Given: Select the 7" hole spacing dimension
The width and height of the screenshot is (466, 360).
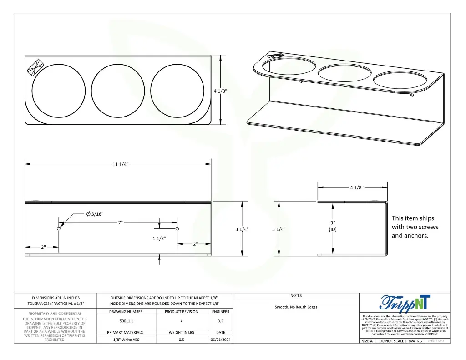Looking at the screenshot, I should (120, 223).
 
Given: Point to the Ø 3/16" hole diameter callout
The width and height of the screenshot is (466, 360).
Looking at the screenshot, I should (95, 214).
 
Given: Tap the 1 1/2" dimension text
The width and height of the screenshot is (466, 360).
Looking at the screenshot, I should (159, 238).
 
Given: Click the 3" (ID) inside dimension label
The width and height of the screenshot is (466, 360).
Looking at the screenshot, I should (333, 226).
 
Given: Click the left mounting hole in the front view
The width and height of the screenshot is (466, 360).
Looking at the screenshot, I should (59, 228).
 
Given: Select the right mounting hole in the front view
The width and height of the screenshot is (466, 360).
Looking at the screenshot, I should (177, 228).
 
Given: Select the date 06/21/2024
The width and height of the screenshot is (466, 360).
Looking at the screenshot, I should (218, 340).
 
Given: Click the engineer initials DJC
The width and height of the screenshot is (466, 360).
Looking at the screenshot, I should (218, 321).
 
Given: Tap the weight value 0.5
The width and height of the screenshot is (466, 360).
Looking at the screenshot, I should (181, 340).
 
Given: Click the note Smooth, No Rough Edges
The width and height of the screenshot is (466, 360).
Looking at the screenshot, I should (296, 307).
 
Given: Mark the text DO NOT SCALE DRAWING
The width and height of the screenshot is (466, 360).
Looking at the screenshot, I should (400, 341).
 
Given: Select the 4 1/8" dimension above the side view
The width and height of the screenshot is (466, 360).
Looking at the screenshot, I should (356, 187).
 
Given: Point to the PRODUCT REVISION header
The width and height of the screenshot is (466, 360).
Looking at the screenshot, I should (181, 312).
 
